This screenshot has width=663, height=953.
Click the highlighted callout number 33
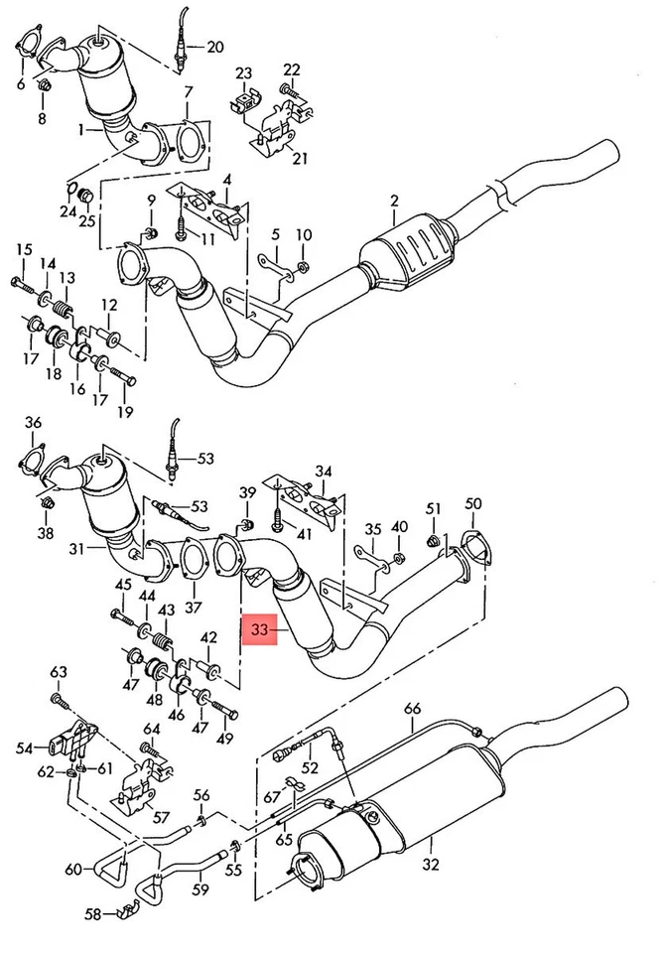click(x=259, y=629)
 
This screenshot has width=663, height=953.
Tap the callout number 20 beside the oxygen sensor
click(x=215, y=46)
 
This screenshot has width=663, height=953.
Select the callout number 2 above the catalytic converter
click(x=394, y=202)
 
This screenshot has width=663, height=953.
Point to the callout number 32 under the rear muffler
click(x=429, y=865)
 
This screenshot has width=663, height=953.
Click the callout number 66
click(x=413, y=708)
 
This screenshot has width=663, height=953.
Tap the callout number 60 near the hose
click(x=72, y=871)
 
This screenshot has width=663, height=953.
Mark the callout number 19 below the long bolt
click(x=124, y=412)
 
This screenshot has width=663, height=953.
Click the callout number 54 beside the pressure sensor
click(x=25, y=746)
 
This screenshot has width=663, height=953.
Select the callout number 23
click(x=244, y=72)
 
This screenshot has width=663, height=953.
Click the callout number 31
click(x=76, y=549)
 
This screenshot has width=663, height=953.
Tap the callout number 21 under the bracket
click(x=300, y=158)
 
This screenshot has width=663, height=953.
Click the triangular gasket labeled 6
click(x=30, y=45)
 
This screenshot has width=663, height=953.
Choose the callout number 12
click(x=109, y=305)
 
